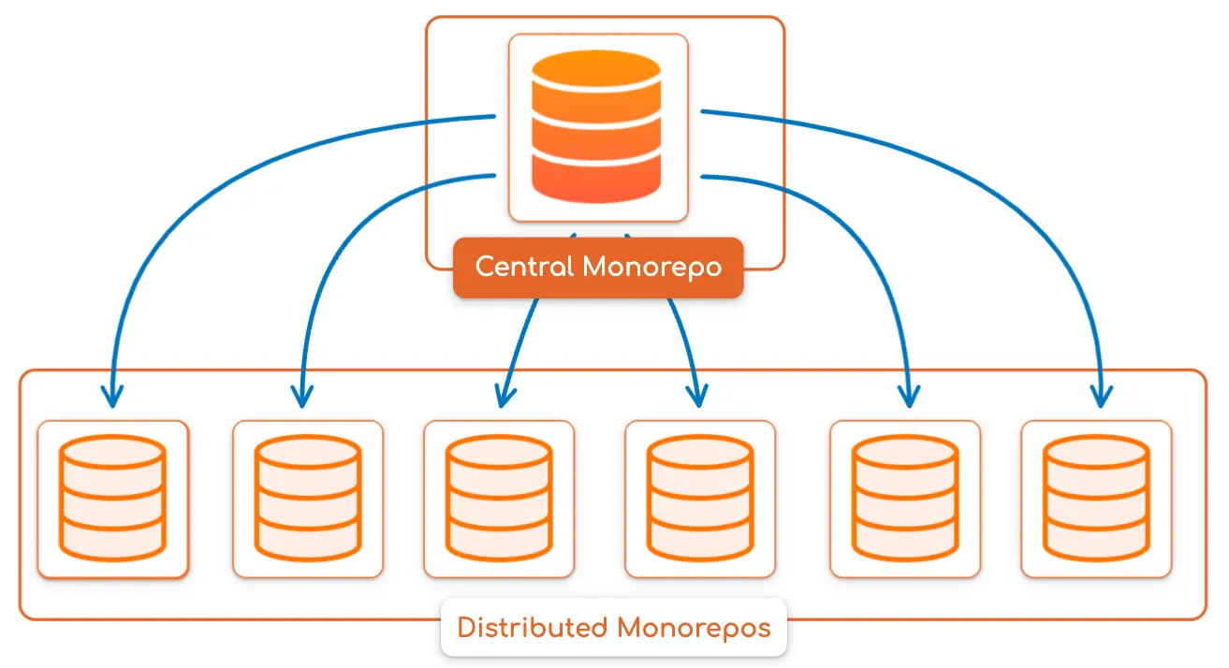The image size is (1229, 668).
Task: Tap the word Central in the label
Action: pos(524,267)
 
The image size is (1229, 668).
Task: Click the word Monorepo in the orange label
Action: pos(651,268)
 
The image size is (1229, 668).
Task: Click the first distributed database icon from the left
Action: pos(112,499)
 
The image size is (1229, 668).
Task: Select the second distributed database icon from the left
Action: pos(307,499)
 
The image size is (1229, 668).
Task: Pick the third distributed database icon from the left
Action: pos(498,499)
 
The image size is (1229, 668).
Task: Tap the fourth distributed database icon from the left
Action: pos(699,499)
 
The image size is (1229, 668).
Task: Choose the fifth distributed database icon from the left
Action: pos(905,499)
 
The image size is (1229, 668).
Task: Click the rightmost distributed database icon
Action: pos(1096,499)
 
